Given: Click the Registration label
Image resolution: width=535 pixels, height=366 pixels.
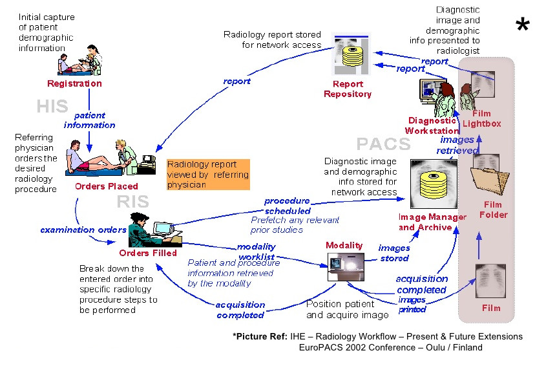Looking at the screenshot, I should pyautogui.click(x=74, y=83).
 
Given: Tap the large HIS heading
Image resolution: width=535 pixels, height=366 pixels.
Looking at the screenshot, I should pyautogui.click(x=52, y=106).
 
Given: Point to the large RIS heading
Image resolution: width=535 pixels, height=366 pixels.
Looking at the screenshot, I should pyautogui.click(x=132, y=202).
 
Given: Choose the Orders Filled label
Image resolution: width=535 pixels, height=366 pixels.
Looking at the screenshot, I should pyautogui.click(x=148, y=253).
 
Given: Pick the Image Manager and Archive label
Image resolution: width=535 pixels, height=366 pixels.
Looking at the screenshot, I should pyautogui.click(x=432, y=222).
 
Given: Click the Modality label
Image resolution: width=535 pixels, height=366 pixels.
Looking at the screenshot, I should pyautogui.click(x=344, y=246).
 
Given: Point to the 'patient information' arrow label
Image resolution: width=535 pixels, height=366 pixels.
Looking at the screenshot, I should pyautogui.click(x=90, y=120).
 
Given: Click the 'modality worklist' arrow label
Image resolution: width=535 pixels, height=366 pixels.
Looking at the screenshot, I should pyautogui.click(x=257, y=252).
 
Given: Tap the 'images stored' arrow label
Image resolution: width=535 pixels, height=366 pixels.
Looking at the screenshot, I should pyautogui.click(x=393, y=253).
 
